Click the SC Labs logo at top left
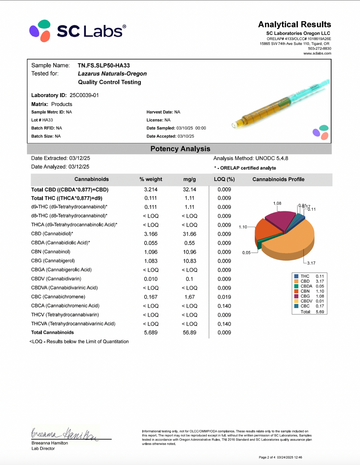[77, 31]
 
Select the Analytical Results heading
[294, 24]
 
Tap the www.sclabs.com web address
[317, 53]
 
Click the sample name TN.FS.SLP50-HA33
[103, 65]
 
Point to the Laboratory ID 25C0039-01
[84, 95]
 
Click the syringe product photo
[280, 103]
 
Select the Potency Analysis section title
[180, 149]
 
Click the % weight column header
[151, 179]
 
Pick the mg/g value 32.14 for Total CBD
[189, 189]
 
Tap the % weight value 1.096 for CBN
[151, 252]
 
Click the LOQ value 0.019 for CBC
[224, 297]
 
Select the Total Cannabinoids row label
[52, 332]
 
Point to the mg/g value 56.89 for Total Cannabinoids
[189, 332]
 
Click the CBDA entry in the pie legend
[306, 286]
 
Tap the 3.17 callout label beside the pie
[311, 263]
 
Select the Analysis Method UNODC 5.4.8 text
[250, 158]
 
